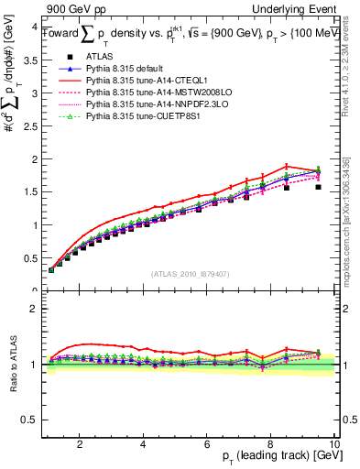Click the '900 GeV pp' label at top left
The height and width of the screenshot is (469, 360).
point(73,8)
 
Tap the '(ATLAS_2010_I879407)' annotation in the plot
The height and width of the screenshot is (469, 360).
point(190,274)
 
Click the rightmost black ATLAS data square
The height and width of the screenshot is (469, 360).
point(318,187)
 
